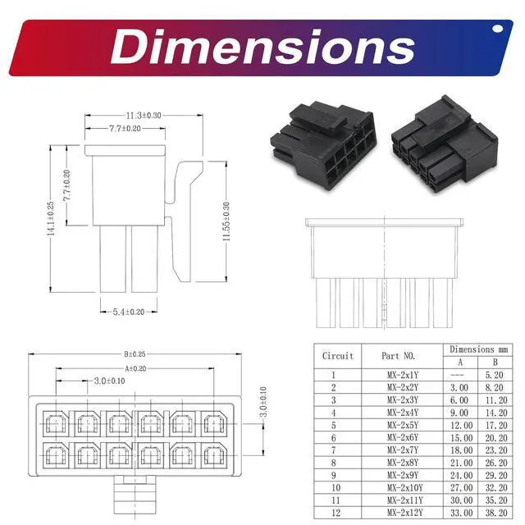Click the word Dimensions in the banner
click(x=262, y=47)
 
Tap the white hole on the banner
click(x=498, y=29)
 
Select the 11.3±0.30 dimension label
click(x=144, y=116)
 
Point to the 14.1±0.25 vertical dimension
click(x=51, y=218)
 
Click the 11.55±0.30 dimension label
click(x=226, y=221)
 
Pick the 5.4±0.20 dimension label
click(x=129, y=312)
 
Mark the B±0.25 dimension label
click(x=135, y=354)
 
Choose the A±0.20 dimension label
click(x=135, y=368)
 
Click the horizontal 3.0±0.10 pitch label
click(x=109, y=381)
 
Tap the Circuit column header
click(x=338, y=355)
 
